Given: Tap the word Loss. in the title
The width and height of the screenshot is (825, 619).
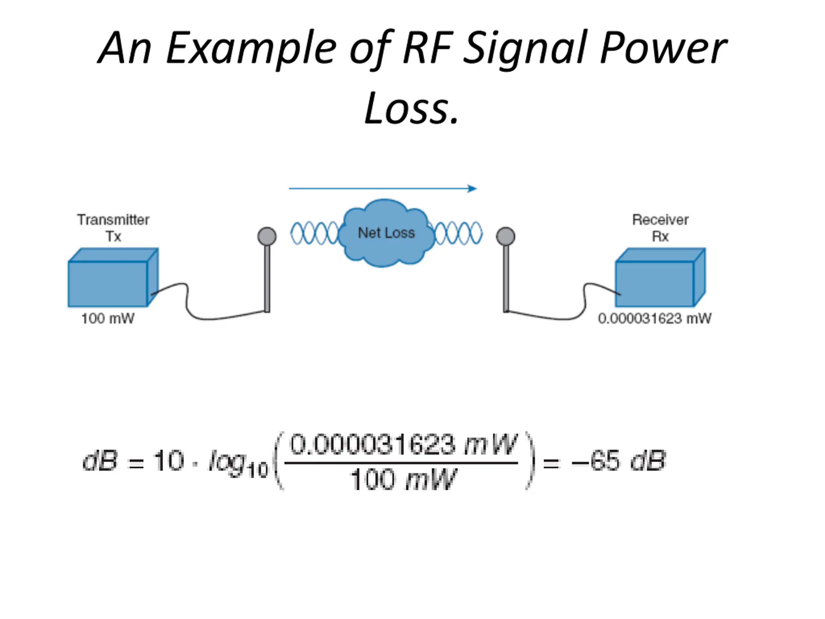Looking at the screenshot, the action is coord(412,109).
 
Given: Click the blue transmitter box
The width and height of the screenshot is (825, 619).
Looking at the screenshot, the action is coord(113,277).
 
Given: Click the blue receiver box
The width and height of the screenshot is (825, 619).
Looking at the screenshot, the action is coord(660,277).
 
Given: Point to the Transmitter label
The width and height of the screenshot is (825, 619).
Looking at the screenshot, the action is coord(113,220).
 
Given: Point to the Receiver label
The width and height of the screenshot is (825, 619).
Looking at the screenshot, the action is coord(660,220).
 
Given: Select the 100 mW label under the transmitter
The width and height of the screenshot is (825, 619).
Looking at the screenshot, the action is coord(108,319).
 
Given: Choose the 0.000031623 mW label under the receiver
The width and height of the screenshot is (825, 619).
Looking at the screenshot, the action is coord(655,319).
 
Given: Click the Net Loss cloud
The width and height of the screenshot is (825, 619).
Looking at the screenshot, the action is coord(386,233).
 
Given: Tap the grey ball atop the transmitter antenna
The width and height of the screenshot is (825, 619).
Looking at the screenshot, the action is coord(267,237).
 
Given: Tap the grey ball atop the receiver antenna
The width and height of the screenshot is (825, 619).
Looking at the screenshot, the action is coord(506,237).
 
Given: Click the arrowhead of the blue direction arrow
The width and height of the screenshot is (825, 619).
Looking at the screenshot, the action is coord(472,188).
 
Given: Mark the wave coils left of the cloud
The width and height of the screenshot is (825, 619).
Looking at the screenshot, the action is coord(315,233).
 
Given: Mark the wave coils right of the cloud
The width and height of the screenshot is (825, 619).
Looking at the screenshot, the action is coord(458,233).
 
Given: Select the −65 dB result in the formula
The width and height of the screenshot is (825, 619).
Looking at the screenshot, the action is coord(619,461).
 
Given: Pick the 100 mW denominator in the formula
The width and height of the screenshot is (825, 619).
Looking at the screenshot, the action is coord(403,479).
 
